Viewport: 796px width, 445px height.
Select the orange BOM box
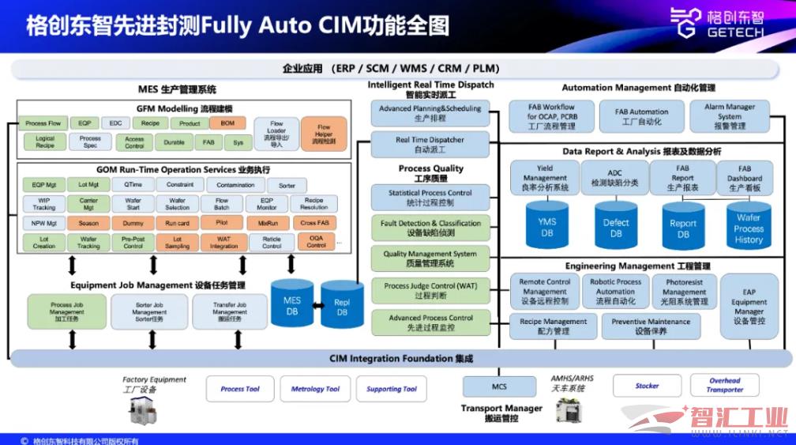[x=227, y=123]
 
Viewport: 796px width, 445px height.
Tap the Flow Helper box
[x=324, y=134]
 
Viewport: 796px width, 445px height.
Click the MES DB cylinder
[x=292, y=305]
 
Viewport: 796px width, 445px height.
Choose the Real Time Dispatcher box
[x=430, y=145]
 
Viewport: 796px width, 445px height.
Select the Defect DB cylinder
[x=616, y=228]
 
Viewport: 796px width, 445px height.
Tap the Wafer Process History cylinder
[x=748, y=228]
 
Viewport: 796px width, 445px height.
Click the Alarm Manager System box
[x=730, y=116]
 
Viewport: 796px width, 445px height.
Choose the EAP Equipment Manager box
[x=749, y=307]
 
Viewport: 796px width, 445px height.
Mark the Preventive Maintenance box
[x=651, y=326]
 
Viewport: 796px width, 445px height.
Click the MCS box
[x=499, y=387]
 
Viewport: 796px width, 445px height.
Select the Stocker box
[x=647, y=386]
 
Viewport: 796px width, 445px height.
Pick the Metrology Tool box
[x=315, y=389]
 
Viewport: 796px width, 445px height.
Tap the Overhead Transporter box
[x=724, y=385]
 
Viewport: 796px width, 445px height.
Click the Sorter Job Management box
[x=149, y=312]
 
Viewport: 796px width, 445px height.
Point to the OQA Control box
[x=317, y=242]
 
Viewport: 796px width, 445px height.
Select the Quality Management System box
[x=430, y=258]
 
